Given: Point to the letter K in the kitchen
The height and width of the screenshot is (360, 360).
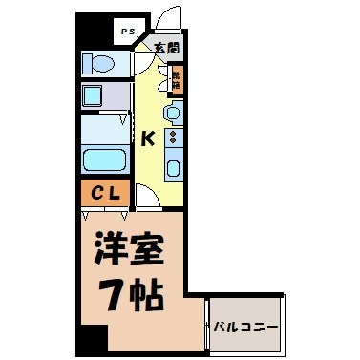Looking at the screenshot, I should pos(147,139).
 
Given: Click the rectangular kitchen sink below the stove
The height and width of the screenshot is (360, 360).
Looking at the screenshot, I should pos(173,169).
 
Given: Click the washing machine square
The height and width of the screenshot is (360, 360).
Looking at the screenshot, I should pos(93,95).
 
